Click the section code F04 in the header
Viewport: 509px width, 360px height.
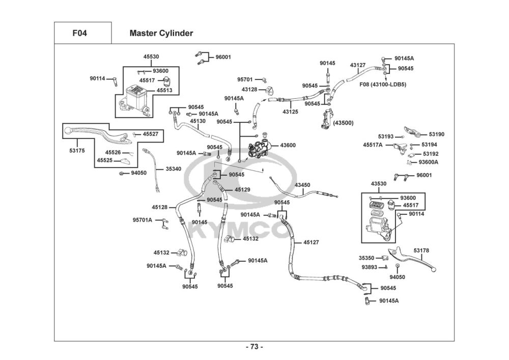pyautogui.click(x=79, y=33)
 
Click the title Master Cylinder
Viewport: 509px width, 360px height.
pyautogui.click(x=161, y=33)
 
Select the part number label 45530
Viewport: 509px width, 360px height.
pyautogui.click(x=151, y=57)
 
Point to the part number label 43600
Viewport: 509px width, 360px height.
pyautogui.click(x=288, y=145)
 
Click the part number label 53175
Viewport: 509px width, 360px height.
pyautogui.click(x=77, y=151)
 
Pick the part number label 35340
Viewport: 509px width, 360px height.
pyautogui.click(x=173, y=169)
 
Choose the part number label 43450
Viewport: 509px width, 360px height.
pyautogui.click(x=302, y=185)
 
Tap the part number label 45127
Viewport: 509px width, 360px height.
pyautogui.click(x=311, y=242)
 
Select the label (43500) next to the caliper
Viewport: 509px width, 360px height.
pyautogui.click(x=343, y=123)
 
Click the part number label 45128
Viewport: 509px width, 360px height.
pyautogui.click(x=159, y=207)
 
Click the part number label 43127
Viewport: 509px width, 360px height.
pyautogui.click(x=358, y=65)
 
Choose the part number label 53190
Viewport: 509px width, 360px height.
pyautogui.click(x=436, y=134)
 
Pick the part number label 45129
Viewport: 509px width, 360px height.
pyautogui.click(x=242, y=189)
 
